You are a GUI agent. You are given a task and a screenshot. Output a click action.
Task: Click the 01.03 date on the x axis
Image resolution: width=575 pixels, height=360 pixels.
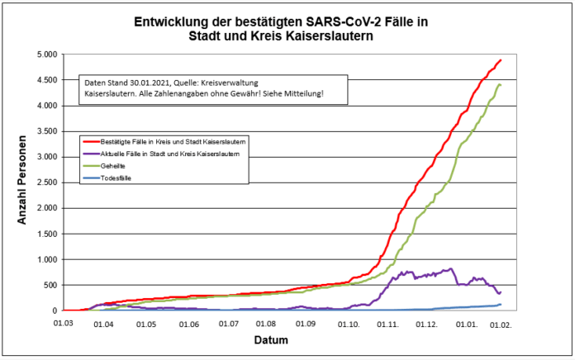[64, 324]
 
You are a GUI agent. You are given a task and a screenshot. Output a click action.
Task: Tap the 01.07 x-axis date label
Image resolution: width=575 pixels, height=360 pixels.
[230, 324]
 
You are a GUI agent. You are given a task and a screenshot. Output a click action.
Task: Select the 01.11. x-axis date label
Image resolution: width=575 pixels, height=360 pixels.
[388, 324]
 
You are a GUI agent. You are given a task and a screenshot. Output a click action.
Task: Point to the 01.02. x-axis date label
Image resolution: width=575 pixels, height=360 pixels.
[501, 324]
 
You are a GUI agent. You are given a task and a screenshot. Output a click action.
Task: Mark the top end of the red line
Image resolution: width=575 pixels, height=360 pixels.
[501, 59]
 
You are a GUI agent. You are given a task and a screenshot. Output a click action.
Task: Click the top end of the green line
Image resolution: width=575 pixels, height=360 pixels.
[499, 84]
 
